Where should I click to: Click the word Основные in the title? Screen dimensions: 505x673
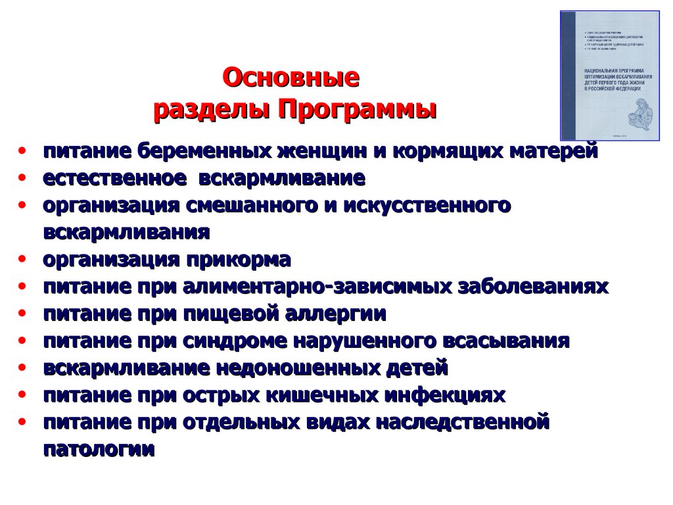coord(291,78)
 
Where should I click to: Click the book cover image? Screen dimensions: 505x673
coord(609,75)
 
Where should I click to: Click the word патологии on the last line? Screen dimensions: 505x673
coord(99,450)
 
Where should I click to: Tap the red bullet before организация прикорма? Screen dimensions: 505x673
coord(23,260)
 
